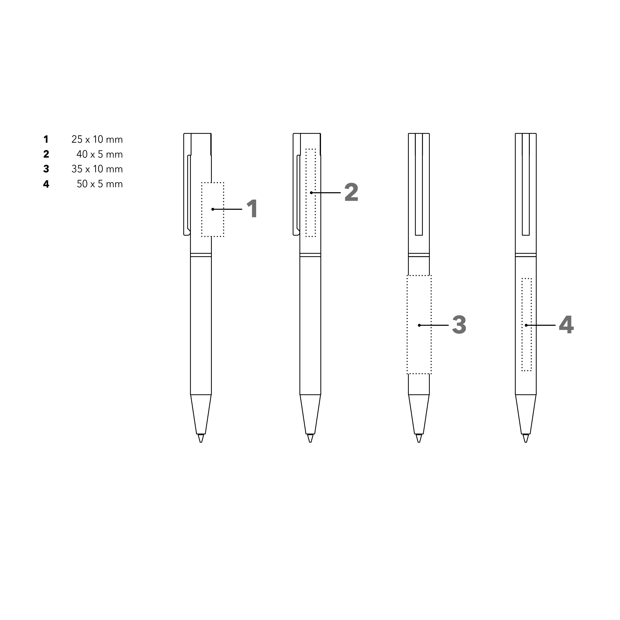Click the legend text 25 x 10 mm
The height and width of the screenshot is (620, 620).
(97, 140)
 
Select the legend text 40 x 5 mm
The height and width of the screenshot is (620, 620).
(100, 154)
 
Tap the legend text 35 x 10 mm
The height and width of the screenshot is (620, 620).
(97, 169)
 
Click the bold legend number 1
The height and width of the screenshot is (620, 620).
(46, 140)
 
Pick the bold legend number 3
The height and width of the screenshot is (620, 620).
(46, 169)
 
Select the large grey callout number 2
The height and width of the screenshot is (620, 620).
(351, 192)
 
